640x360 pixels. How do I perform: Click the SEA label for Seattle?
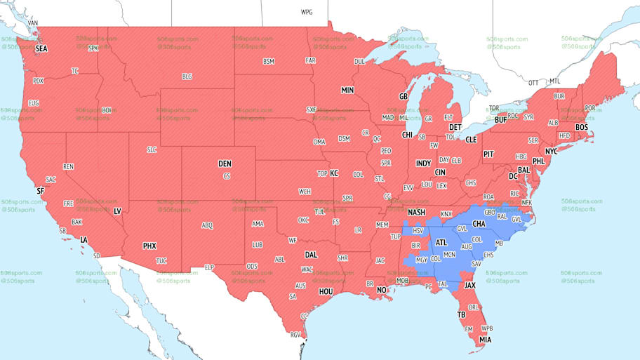(x=41, y=49)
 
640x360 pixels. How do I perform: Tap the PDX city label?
(x=39, y=81)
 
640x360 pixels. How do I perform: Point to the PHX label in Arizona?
(x=149, y=246)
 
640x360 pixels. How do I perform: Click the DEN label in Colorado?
(x=225, y=164)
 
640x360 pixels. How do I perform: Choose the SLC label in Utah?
(x=152, y=150)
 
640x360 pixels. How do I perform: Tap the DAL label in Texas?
(x=311, y=255)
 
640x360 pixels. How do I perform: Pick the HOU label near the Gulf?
(x=326, y=291)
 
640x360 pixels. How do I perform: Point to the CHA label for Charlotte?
(x=479, y=224)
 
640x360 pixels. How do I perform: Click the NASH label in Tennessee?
(x=417, y=213)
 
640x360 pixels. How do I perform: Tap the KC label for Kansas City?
(x=334, y=173)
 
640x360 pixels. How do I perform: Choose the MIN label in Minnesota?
(x=347, y=91)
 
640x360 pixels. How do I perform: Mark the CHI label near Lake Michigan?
(x=407, y=135)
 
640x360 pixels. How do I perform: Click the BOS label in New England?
(x=581, y=127)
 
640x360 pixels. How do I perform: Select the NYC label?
(x=551, y=151)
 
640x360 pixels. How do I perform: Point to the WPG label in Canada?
(x=307, y=13)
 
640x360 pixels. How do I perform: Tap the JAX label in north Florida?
(x=470, y=286)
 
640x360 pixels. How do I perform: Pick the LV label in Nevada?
(x=117, y=211)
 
